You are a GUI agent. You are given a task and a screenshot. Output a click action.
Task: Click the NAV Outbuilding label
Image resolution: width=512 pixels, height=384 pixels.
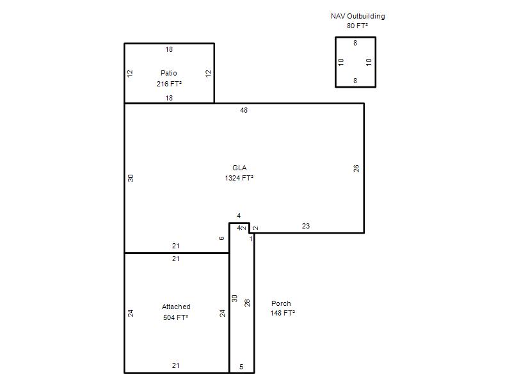point(358,17)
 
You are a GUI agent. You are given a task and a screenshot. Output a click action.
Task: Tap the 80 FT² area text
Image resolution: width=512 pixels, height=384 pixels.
point(357,26)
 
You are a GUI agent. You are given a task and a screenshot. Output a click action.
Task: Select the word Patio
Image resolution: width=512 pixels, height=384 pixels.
point(169,73)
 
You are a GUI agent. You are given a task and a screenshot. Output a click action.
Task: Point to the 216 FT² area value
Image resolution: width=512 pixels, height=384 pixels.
point(169,84)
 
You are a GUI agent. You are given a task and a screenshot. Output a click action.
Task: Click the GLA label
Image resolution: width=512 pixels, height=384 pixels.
point(239,168)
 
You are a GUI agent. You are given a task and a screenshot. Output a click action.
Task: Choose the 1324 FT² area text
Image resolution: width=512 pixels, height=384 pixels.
point(239,178)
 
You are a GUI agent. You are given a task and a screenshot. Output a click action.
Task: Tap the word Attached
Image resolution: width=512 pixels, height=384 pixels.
point(176,307)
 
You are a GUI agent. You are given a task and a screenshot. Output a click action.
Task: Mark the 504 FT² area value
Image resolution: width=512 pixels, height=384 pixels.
point(175,317)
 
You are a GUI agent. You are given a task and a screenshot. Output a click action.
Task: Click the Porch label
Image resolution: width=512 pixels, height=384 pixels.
point(281,303)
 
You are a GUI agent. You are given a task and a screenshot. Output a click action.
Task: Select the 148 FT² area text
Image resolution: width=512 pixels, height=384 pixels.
point(283,313)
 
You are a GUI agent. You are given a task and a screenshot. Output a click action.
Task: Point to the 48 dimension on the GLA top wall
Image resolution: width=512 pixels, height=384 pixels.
point(244,110)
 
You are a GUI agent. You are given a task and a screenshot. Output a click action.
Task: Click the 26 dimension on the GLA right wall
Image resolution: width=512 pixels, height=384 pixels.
point(356,168)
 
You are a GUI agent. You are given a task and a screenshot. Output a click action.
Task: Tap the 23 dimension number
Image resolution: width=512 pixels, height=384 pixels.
point(306,226)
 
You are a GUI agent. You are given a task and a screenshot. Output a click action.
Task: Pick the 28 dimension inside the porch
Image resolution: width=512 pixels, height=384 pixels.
point(247,303)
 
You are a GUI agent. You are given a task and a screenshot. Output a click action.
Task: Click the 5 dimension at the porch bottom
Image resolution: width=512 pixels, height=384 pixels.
point(241,367)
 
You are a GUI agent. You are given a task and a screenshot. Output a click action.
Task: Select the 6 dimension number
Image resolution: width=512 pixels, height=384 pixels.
point(221,238)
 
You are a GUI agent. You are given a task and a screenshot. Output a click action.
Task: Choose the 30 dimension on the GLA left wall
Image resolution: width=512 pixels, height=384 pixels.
point(131,178)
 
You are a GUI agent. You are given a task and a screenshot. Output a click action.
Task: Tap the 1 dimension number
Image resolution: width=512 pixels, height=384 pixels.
point(251,239)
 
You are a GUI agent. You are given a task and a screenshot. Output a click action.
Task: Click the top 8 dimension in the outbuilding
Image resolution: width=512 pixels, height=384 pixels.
point(355,43)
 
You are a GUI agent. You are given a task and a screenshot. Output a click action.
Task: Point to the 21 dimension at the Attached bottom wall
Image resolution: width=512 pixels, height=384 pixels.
point(175,365)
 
